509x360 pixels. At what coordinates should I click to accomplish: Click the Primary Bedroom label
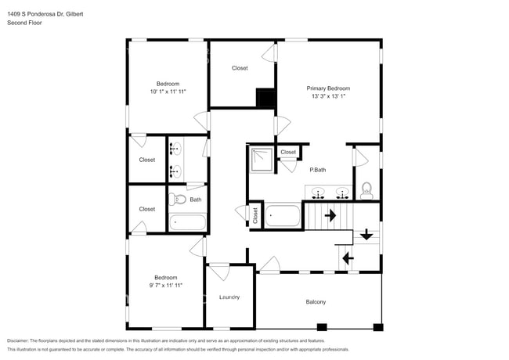click(327, 88)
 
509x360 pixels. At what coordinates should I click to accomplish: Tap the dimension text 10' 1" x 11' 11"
click(168, 92)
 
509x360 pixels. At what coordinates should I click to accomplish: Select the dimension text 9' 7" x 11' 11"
click(166, 286)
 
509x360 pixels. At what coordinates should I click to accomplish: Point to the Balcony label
click(315, 302)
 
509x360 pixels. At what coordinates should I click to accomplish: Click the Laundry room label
click(229, 297)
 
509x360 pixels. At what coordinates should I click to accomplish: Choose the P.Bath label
click(317, 170)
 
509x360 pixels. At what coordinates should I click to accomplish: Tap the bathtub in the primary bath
click(283, 215)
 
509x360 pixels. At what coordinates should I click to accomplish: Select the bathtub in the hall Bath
click(187, 221)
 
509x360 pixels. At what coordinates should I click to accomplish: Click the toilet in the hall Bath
click(177, 199)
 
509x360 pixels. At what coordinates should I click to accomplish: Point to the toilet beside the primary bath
click(366, 189)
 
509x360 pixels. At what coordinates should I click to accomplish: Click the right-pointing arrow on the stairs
click(330, 214)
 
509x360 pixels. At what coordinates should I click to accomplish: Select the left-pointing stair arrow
click(348, 257)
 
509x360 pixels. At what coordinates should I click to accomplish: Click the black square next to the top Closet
click(266, 99)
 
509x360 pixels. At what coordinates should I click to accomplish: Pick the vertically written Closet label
click(255, 214)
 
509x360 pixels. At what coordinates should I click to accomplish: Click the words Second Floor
click(24, 23)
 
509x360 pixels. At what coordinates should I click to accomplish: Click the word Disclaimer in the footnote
click(17, 340)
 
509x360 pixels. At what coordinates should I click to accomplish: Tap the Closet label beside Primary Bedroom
click(240, 68)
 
